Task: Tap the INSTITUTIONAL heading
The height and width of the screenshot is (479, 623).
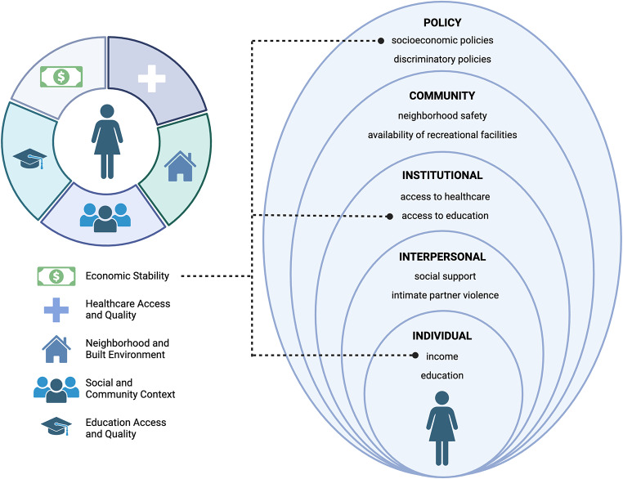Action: (442, 175)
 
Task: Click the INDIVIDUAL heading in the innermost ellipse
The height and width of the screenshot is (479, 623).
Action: (442, 335)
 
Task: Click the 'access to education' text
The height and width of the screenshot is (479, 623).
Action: (445, 216)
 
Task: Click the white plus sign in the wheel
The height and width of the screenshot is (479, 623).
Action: (153, 78)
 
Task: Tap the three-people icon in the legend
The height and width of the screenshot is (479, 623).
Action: (56, 387)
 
